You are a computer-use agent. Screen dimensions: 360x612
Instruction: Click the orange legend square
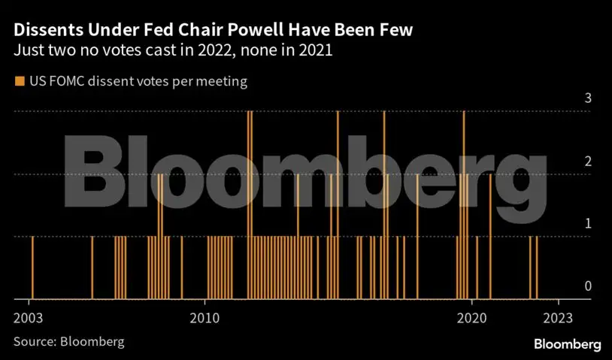click(x=19, y=81)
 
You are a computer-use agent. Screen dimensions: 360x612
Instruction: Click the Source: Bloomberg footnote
click(x=68, y=341)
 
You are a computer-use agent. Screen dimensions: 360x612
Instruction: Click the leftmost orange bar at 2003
click(x=32, y=268)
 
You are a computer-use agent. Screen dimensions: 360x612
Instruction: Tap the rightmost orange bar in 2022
click(x=536, y=268)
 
